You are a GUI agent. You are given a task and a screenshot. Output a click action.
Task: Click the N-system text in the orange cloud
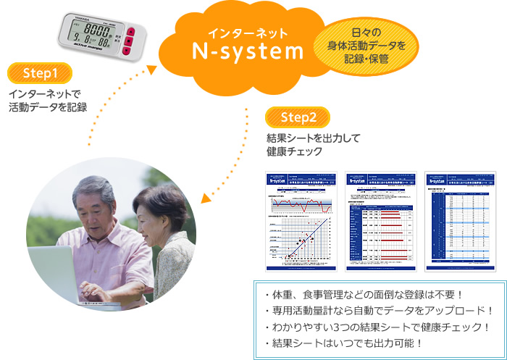pos(247,52)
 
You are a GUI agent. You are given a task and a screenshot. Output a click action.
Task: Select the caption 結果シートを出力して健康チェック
pos(303,143)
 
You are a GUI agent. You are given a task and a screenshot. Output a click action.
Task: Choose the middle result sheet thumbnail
pos(379,221)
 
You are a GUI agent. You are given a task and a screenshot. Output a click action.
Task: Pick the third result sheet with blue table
pos(458,221)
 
